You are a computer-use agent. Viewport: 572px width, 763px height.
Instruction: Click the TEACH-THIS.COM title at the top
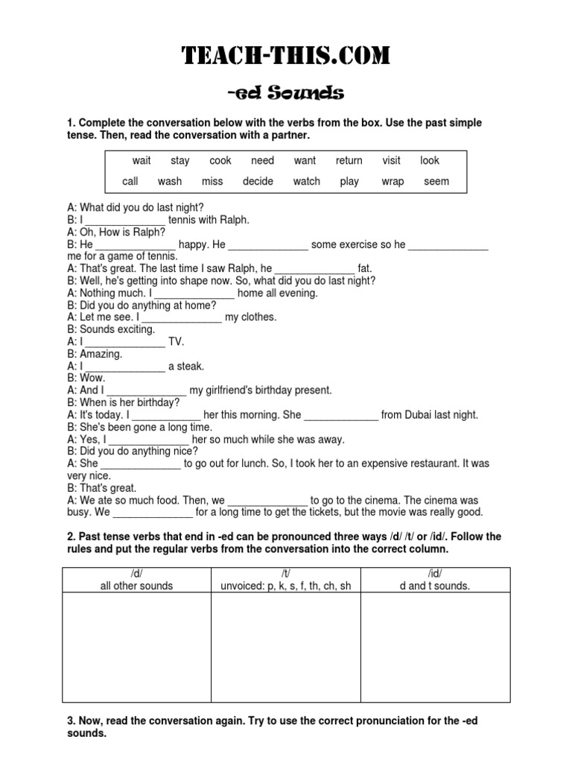[x=286, y=56]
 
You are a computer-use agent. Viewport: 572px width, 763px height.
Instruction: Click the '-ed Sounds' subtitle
[x=286, y=93]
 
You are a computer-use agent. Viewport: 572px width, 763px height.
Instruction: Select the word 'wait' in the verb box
[x=142, y=160]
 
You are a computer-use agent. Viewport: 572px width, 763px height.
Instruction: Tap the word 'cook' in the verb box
[x=220, y=160]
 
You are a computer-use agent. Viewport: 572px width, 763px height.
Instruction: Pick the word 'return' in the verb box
[x=349, y=160]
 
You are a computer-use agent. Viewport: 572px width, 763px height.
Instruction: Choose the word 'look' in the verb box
[x=430, y=160]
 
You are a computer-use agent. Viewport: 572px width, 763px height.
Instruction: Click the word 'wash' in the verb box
[x=170, y=181]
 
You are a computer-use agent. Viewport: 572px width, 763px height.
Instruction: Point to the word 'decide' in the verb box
[x=258, y=181]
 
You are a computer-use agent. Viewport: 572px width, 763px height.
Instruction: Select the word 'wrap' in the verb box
[x=392, y=181]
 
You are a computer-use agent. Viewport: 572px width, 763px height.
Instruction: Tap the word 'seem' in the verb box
[x=436, y=181]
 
